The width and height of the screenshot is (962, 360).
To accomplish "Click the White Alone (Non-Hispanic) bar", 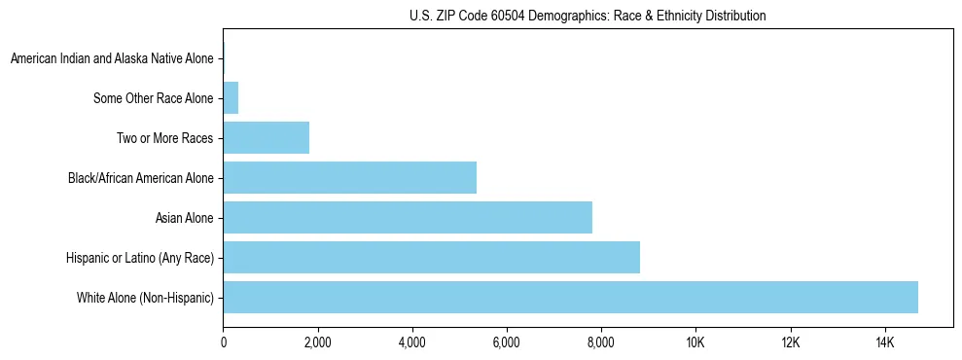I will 570,297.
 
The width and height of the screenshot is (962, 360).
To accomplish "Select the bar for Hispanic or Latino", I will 431,257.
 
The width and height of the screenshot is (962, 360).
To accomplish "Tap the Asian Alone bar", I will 408,217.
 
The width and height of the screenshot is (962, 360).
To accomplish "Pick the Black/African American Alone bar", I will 349,177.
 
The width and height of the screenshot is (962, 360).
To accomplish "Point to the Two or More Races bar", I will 266,138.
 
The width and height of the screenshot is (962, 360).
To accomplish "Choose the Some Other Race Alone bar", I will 231,98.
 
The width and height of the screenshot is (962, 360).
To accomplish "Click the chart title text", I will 587,16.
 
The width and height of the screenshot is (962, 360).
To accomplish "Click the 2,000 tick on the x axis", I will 317,342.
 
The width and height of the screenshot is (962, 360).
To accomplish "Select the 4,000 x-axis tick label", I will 411,342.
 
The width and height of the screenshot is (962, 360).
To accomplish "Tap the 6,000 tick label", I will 506,342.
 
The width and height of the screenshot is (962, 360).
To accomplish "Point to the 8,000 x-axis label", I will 600,342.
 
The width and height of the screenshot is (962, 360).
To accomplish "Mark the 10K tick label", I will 695,342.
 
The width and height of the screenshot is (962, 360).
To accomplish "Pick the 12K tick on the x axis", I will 790,342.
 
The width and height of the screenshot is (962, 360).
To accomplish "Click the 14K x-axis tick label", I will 884,342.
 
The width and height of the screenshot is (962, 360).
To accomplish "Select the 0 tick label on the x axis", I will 223,342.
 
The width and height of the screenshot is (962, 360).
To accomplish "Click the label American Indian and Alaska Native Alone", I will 111,59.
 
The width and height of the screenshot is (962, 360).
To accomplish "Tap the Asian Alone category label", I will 184,218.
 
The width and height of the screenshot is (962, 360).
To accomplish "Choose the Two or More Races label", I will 164,138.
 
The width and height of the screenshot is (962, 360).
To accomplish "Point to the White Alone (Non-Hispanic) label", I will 145,298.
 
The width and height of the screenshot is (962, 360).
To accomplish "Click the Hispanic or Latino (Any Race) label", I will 139,258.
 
